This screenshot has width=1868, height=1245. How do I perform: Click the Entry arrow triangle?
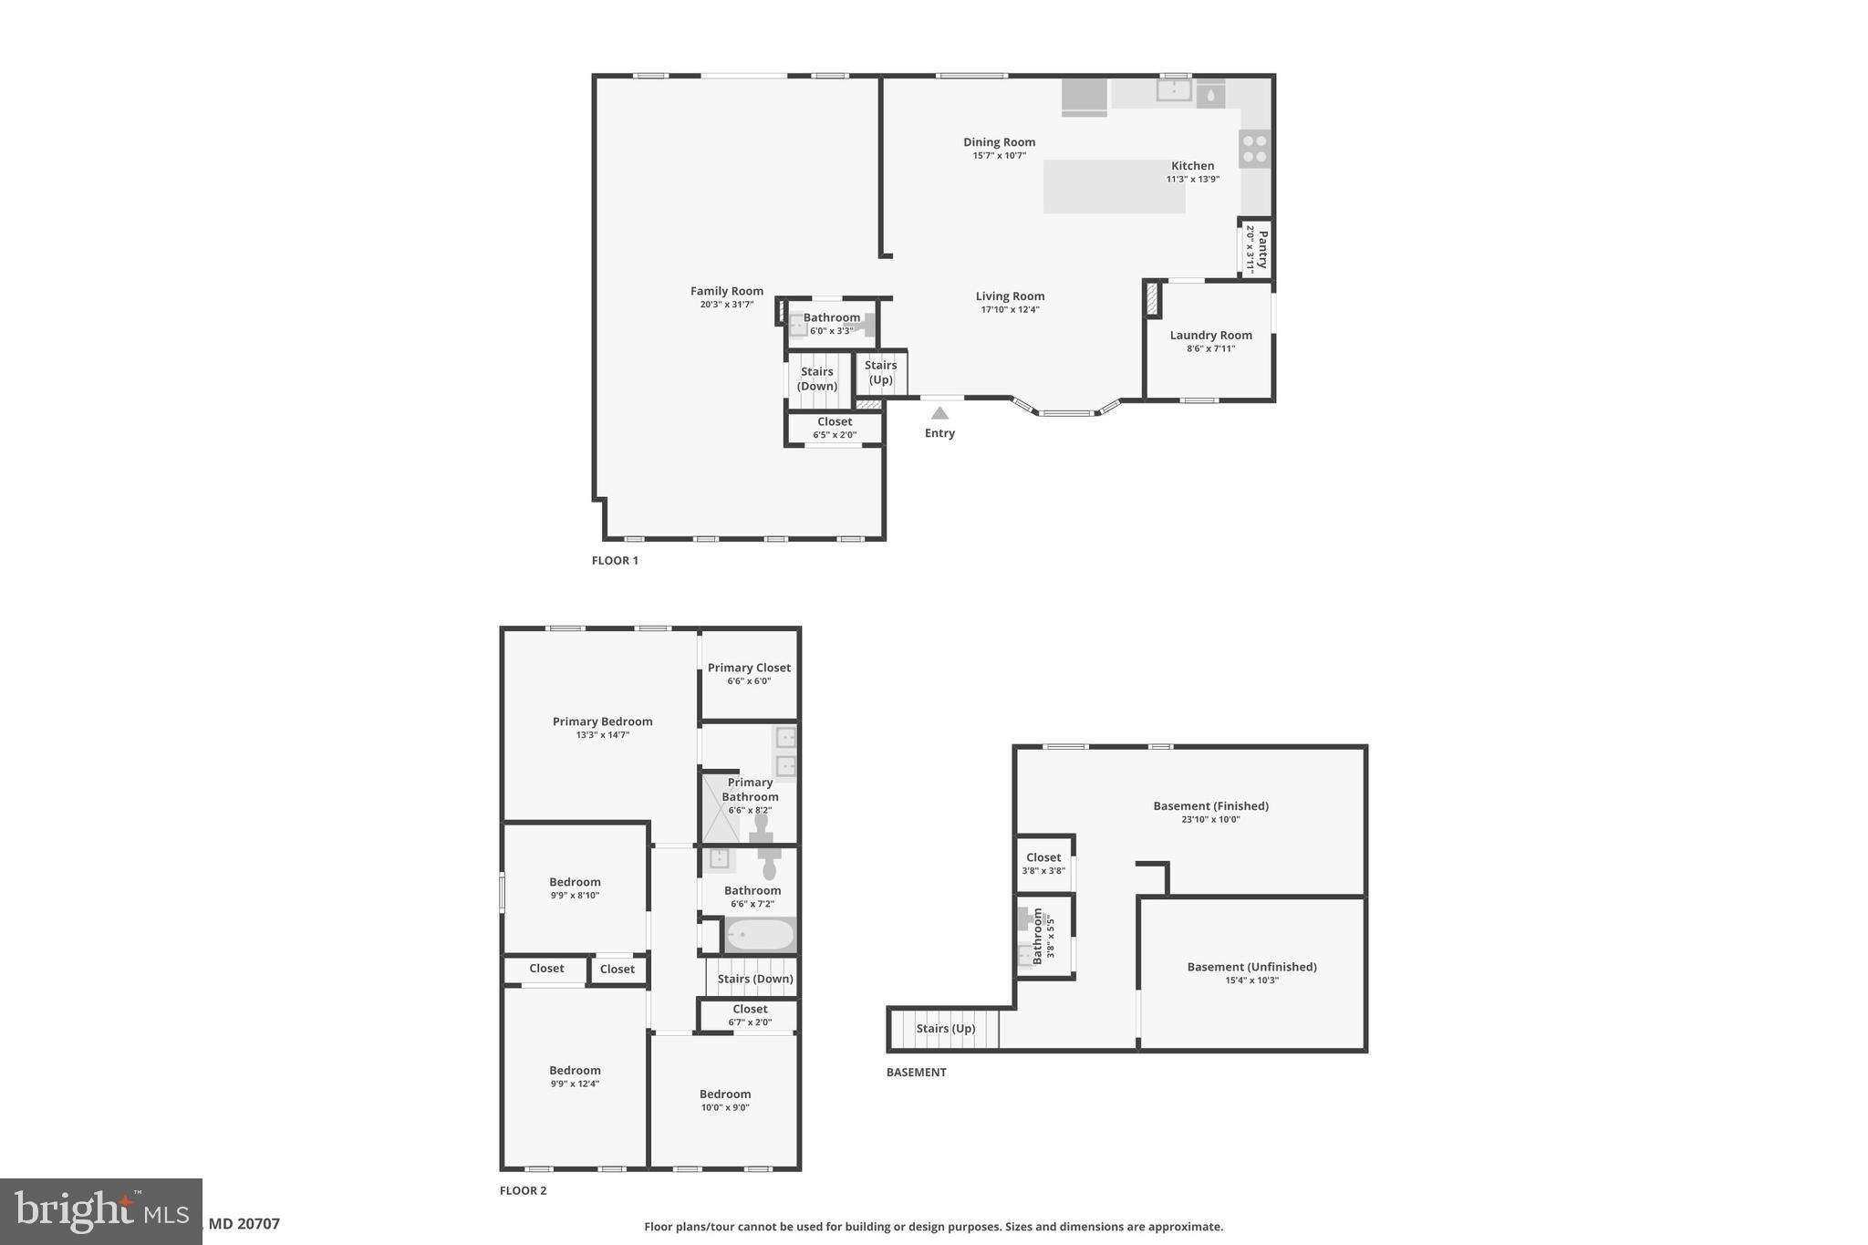(939, 413)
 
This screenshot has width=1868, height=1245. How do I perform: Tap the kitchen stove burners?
(1254, 149)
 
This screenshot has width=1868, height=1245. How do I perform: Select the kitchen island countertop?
(1114, 187)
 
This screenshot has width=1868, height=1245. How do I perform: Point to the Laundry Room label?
(1210, 335)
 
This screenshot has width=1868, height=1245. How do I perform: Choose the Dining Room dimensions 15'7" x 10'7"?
(999, 156)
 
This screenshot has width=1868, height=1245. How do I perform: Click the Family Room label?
(726, 291)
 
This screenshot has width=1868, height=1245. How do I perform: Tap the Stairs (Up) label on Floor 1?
(880, 372)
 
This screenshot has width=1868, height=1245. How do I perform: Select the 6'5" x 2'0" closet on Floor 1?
(835, 428)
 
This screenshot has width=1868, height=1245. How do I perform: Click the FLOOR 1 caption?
(615, 560)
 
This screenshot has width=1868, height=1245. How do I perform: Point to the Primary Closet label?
(749, 668)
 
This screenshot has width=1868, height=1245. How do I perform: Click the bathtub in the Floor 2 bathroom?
(760, 935)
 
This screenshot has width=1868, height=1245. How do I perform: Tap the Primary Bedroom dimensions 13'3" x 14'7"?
(602, 735)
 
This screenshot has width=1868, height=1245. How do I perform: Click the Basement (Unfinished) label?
(1251, 967)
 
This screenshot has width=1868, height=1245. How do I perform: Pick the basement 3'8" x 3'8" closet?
(1043, 863)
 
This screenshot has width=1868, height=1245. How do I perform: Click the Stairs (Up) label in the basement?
(945, 1029)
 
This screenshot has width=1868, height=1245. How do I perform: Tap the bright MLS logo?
(101, 1211)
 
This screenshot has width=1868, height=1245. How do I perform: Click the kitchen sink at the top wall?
(1173, 90)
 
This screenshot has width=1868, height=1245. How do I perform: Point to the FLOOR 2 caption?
(523, 1190)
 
